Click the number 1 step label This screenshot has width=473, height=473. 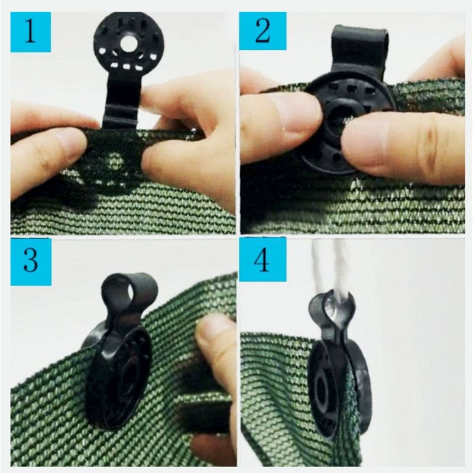coord(31,32)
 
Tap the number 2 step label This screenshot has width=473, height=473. coord(263,31)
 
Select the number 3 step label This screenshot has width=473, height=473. coord(31,261)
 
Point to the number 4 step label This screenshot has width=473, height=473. coord(263,259)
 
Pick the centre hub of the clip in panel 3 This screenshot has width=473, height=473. coord(125,379)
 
